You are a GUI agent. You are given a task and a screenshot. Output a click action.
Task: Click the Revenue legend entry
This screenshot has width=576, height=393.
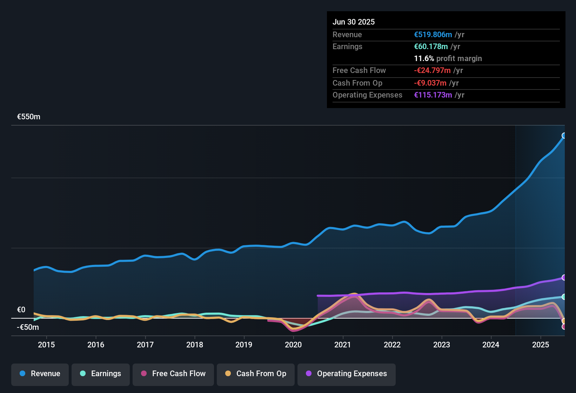pos(40,374)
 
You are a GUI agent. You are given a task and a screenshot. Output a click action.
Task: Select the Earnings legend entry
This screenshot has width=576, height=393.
pos(101,374)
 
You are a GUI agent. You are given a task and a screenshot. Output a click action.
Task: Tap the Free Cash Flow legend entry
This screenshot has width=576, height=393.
pos(173,374)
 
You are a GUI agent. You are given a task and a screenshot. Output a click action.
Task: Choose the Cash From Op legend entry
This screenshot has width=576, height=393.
pos(256,374)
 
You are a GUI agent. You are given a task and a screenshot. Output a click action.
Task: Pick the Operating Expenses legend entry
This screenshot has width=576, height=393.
pos(347,374)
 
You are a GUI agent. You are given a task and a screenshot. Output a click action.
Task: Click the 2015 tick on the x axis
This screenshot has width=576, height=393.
pos(46,345)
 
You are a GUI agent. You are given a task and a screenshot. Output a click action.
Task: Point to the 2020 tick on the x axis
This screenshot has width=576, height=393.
pos(293,345)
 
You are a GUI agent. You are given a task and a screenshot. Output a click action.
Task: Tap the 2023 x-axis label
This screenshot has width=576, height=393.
pos(442,345)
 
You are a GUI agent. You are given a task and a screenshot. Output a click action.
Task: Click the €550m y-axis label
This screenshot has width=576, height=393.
pos(29,117)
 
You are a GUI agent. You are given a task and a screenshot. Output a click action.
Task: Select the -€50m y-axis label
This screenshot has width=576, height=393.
pos(28,327)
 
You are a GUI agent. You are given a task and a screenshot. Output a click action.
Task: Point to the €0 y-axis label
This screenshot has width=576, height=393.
pos(21,310)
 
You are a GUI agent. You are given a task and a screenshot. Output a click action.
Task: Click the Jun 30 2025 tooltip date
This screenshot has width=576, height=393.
pos(354,22)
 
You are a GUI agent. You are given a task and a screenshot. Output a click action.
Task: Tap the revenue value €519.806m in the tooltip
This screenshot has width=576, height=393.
pos(433,35)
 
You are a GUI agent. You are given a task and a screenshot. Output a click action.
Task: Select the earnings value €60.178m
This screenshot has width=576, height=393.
pos(431,47)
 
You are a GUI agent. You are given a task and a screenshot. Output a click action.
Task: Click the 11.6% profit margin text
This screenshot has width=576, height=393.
pos(448,59)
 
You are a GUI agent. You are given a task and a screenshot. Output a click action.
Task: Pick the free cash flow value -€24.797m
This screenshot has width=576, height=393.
pos(432,71)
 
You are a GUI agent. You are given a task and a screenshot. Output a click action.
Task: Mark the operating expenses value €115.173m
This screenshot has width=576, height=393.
pos(433,95)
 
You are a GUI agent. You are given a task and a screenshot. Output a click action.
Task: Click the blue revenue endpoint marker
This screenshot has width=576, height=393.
pos(564,136)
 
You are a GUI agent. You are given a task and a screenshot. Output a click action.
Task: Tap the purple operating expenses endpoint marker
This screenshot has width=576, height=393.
pos(564,278)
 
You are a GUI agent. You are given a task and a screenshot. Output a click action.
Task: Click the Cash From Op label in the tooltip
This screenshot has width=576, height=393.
pos(357,83)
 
